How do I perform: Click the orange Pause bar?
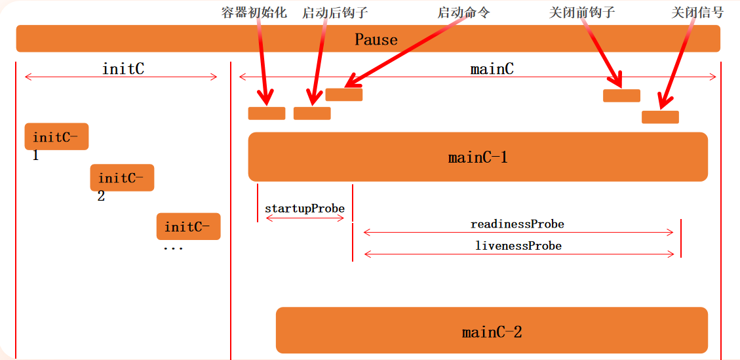pyautogui.click(x=368, y=39)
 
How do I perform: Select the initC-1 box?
pyautogui.click(x=56, y=136)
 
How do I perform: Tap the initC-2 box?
pyautogui.click(x=122, y=177)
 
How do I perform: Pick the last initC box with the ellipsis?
pyautogui.click(x=188, y=226)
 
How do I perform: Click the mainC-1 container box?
pyautogui.click(x=477, y=157)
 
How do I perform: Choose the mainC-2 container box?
pyautogui.click(x=492, y=330)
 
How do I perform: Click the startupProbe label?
pyautogui.click(x=305, y=209)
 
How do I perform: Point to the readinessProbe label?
pyautogui.click(x=517, y=224)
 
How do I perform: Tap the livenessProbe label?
pyautogui.click(x=518, y=246)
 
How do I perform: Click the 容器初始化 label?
pyautogui.click(x=255, y=12)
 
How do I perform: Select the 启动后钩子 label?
pyautogui.click(x=335, y=13)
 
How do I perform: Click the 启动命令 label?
pyautogui.click(x=463, y=13)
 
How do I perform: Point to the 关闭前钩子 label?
pyautogui.click(x=582, y=13)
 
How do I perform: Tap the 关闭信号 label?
pyautogui.click(x=697, y=13)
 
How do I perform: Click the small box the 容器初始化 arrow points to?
pyautogui.click(x=267, y=113)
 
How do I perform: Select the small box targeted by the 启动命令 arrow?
pyautogui.click(x=344, y=94)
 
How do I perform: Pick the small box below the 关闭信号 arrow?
pyautogui.click(x=660, y=117)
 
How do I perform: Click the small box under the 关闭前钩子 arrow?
pyautogui.click(x=621, y=96)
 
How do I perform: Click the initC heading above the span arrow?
pyautogui.click(x=123, y=68)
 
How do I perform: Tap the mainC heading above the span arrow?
pyautogui.click(x=492, y=68)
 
